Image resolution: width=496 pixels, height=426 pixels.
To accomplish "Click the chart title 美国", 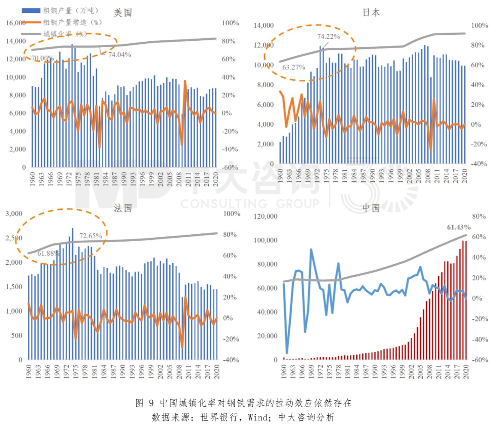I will point(123,13).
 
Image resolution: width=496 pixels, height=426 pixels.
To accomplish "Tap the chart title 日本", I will point(371,12).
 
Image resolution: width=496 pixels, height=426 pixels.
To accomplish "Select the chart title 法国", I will point(123,208).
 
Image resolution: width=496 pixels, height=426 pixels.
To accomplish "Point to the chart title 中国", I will point(371,208).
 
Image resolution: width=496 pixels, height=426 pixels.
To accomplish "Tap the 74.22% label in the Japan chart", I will point(329,36).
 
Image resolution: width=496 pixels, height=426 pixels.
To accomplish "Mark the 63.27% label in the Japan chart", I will point(294,67).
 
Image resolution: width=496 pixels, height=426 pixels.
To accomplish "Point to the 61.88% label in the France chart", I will point(49,254).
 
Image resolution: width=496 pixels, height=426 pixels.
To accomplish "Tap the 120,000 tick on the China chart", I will point(263,216).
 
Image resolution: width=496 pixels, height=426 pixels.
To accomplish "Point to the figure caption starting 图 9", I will point(243,403).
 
